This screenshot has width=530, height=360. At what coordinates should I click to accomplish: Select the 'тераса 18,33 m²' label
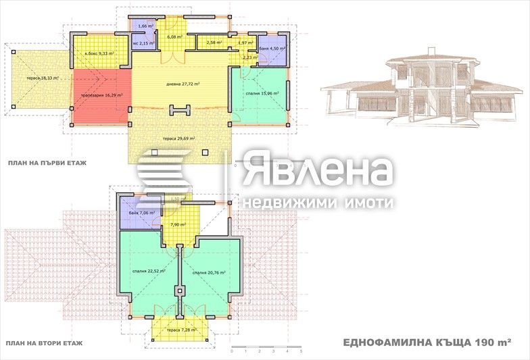[x=43, y=78]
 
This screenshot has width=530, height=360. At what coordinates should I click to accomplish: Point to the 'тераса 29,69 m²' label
[x=178, y=138]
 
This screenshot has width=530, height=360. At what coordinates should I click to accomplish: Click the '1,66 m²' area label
[x=145, y=26]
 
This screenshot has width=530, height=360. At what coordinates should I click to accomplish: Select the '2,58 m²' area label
[x=214, y=43]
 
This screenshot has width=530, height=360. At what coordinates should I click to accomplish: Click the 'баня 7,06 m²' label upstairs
[x=142, y=213]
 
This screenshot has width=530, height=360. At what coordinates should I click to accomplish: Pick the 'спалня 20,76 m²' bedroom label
[x=208, y=273]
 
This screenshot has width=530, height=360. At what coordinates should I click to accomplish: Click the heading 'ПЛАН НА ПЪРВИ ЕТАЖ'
[x=47, y=163]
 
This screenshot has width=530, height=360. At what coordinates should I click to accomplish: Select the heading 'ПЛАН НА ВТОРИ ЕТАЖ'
[x=44, y=345]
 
